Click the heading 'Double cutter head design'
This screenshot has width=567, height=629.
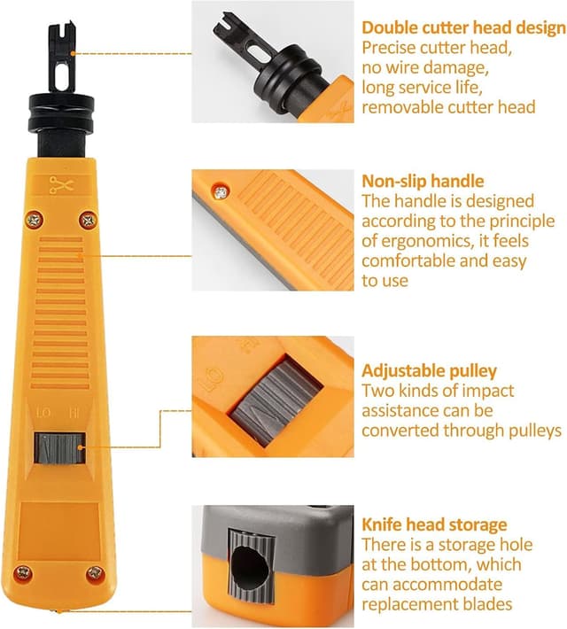[x=463, y=27]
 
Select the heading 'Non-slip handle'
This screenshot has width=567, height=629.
[x=423, y=182]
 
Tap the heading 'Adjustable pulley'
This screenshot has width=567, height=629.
[x=429, y=371]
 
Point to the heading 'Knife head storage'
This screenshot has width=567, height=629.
[x=434, y=524]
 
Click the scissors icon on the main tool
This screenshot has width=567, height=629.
[x=61, y=185]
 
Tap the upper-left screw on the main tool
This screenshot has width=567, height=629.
[x=35, y=220]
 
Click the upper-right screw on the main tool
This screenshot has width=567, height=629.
[x=88, y=220]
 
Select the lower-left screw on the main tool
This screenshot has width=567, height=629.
[x=24, y=573]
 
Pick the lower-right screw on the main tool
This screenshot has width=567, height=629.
[x=96, y=573]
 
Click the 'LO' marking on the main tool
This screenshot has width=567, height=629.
[x=43, y=412]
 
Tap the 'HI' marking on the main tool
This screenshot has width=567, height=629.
[x=74, y=412]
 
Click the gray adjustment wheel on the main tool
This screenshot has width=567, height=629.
[x=59, y=447]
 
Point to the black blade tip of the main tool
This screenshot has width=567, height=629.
[x=62, y=58]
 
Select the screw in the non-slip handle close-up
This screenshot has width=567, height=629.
[x=221, y=192]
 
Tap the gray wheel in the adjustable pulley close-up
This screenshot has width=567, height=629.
[x=276, y=402]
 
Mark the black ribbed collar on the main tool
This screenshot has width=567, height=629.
[x=62, y=111]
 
